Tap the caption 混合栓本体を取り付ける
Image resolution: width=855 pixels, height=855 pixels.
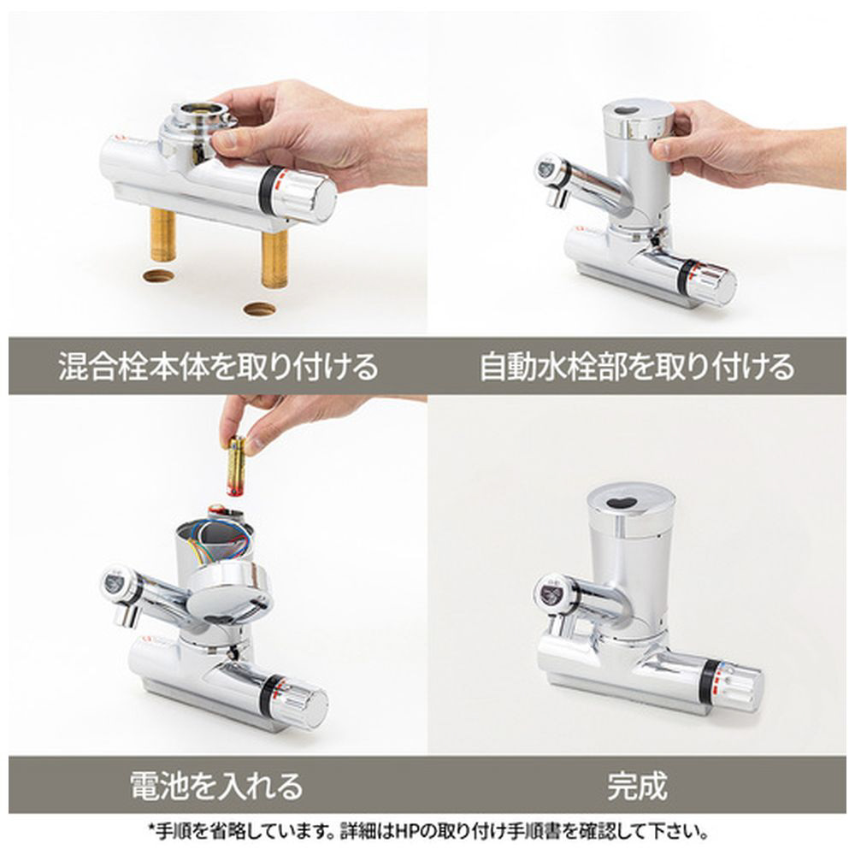218,366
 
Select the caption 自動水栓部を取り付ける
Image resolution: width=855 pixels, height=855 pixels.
637,366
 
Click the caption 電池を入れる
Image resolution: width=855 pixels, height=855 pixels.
216,786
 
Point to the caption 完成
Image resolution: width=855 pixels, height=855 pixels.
637,786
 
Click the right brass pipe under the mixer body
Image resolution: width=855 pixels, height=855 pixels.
274,258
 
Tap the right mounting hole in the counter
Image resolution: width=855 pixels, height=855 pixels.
260,310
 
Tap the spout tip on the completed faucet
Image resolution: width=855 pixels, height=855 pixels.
557,624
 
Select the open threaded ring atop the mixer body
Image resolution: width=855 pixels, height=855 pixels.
201,115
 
